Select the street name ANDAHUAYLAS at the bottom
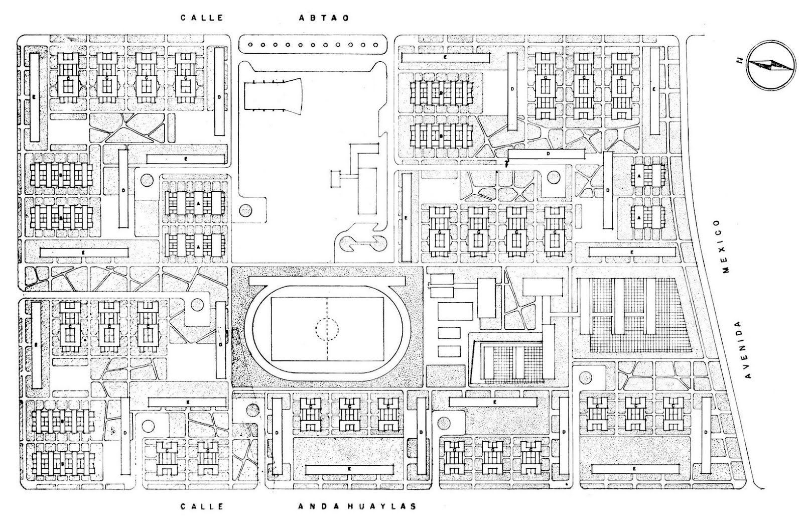click(x=357, y=506)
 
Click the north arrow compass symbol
click(x=770, y=64)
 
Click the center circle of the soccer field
click(x=327, y=329)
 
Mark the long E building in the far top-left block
click(x=34, y=97)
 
